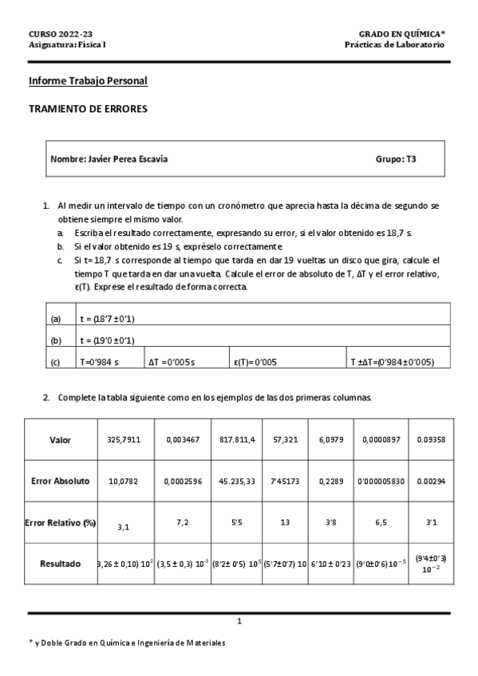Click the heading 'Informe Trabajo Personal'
pyautogui.click(x=88, y=81)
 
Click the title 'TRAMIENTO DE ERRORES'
pyautogui.click(x=88, y=109)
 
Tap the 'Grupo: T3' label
pyautogui.click(x=395, y=159)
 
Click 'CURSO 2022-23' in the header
pyautogui.click(x=61, y=34)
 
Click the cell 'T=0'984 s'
pyautogui.click(x=100, y=361)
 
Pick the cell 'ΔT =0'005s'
pyautogui.click(x=172, y=361)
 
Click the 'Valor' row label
pyautogui.click(x=60, y=439)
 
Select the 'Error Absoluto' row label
pyautogui.click(x=60, y=481)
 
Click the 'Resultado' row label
pyautogui.click(x=60, y=564)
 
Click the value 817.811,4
pyautogui.click(x=237, y=439)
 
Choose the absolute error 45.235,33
pyautogui.click(x=237, y=481)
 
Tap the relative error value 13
pyautogui.click(x=286, y=522)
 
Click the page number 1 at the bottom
pyautogui.click(x=239, y=621)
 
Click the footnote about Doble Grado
pyautogui.click(x=127, y=643)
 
